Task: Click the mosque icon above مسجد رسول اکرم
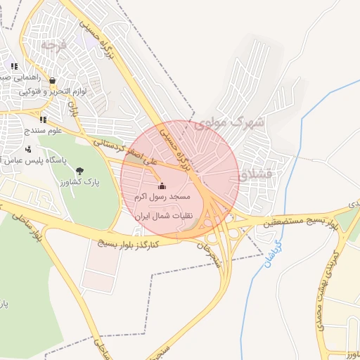162,186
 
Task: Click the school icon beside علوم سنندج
43,120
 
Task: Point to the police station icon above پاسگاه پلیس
29,149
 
